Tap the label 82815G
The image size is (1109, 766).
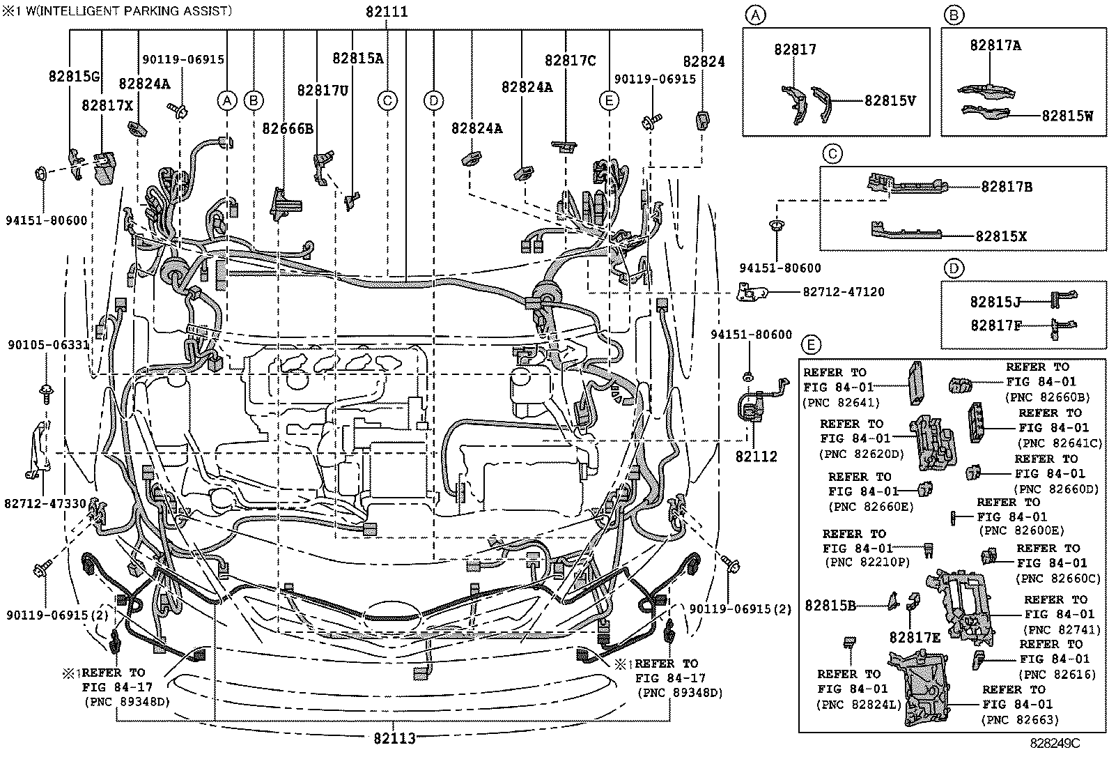tap(74, 77)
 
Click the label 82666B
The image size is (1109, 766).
tap(288, 128)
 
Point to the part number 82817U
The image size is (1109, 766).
tap(323, 91)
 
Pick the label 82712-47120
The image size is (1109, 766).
tap(843, 292)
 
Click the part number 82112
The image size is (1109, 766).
tap(756, 457)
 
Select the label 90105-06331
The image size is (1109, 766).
tap(49, 345)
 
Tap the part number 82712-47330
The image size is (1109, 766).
tap(45, 503)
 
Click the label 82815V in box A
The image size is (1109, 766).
tap(890, 100)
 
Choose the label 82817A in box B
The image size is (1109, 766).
tap(995, 45)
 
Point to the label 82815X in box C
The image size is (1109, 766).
tap(1001, 236)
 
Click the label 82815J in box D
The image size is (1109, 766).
tap(995, 302)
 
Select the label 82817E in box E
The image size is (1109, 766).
tap(915, 637)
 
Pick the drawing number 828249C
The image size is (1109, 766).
tap(1055, 743)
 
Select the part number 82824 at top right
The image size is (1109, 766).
tap(703, 61)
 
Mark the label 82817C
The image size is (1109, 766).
tap(570, 61)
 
